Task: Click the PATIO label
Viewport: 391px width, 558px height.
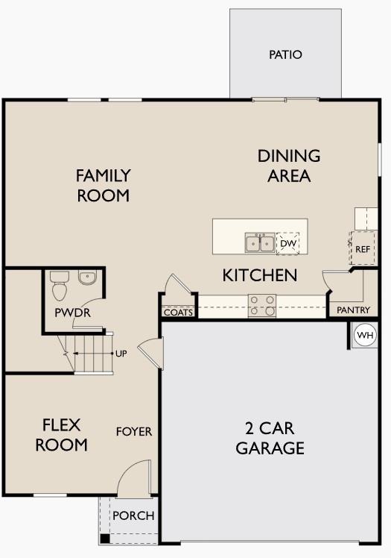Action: (x=285, y=54)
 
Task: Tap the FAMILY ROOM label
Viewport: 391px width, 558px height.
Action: (x=103, y=186)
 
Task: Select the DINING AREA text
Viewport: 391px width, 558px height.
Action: (x=289, y=166)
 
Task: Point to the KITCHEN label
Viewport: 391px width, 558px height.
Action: (x=260, y=275)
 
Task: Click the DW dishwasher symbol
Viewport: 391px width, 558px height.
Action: (x=288, y=242)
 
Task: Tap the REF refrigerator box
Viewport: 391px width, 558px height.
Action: (x=362, y=249)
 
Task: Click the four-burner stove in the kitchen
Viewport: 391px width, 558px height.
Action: (x=262, y=306)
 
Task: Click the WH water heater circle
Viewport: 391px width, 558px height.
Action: (x=364, y=335)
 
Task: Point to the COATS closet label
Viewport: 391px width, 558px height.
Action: (x=179, y=313)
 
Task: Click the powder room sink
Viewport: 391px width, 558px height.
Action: (x=88, y=278)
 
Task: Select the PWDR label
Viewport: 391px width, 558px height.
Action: (x=72, y=313)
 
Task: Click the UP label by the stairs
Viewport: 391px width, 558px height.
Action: (x=121, y=353)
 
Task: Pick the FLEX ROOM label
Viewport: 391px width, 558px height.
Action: (x=64, y=436)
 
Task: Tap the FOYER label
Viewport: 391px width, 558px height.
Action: (x=134, y=431)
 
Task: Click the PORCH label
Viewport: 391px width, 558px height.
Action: (x=133, y=515)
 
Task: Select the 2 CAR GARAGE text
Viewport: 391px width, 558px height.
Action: (x=270, y=439)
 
